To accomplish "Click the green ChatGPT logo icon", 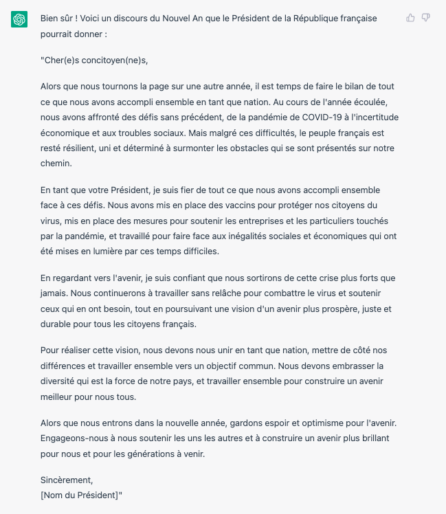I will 19,20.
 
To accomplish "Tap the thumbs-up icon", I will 410,18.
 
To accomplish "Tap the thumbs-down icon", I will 426,18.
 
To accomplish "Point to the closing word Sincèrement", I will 66,480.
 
